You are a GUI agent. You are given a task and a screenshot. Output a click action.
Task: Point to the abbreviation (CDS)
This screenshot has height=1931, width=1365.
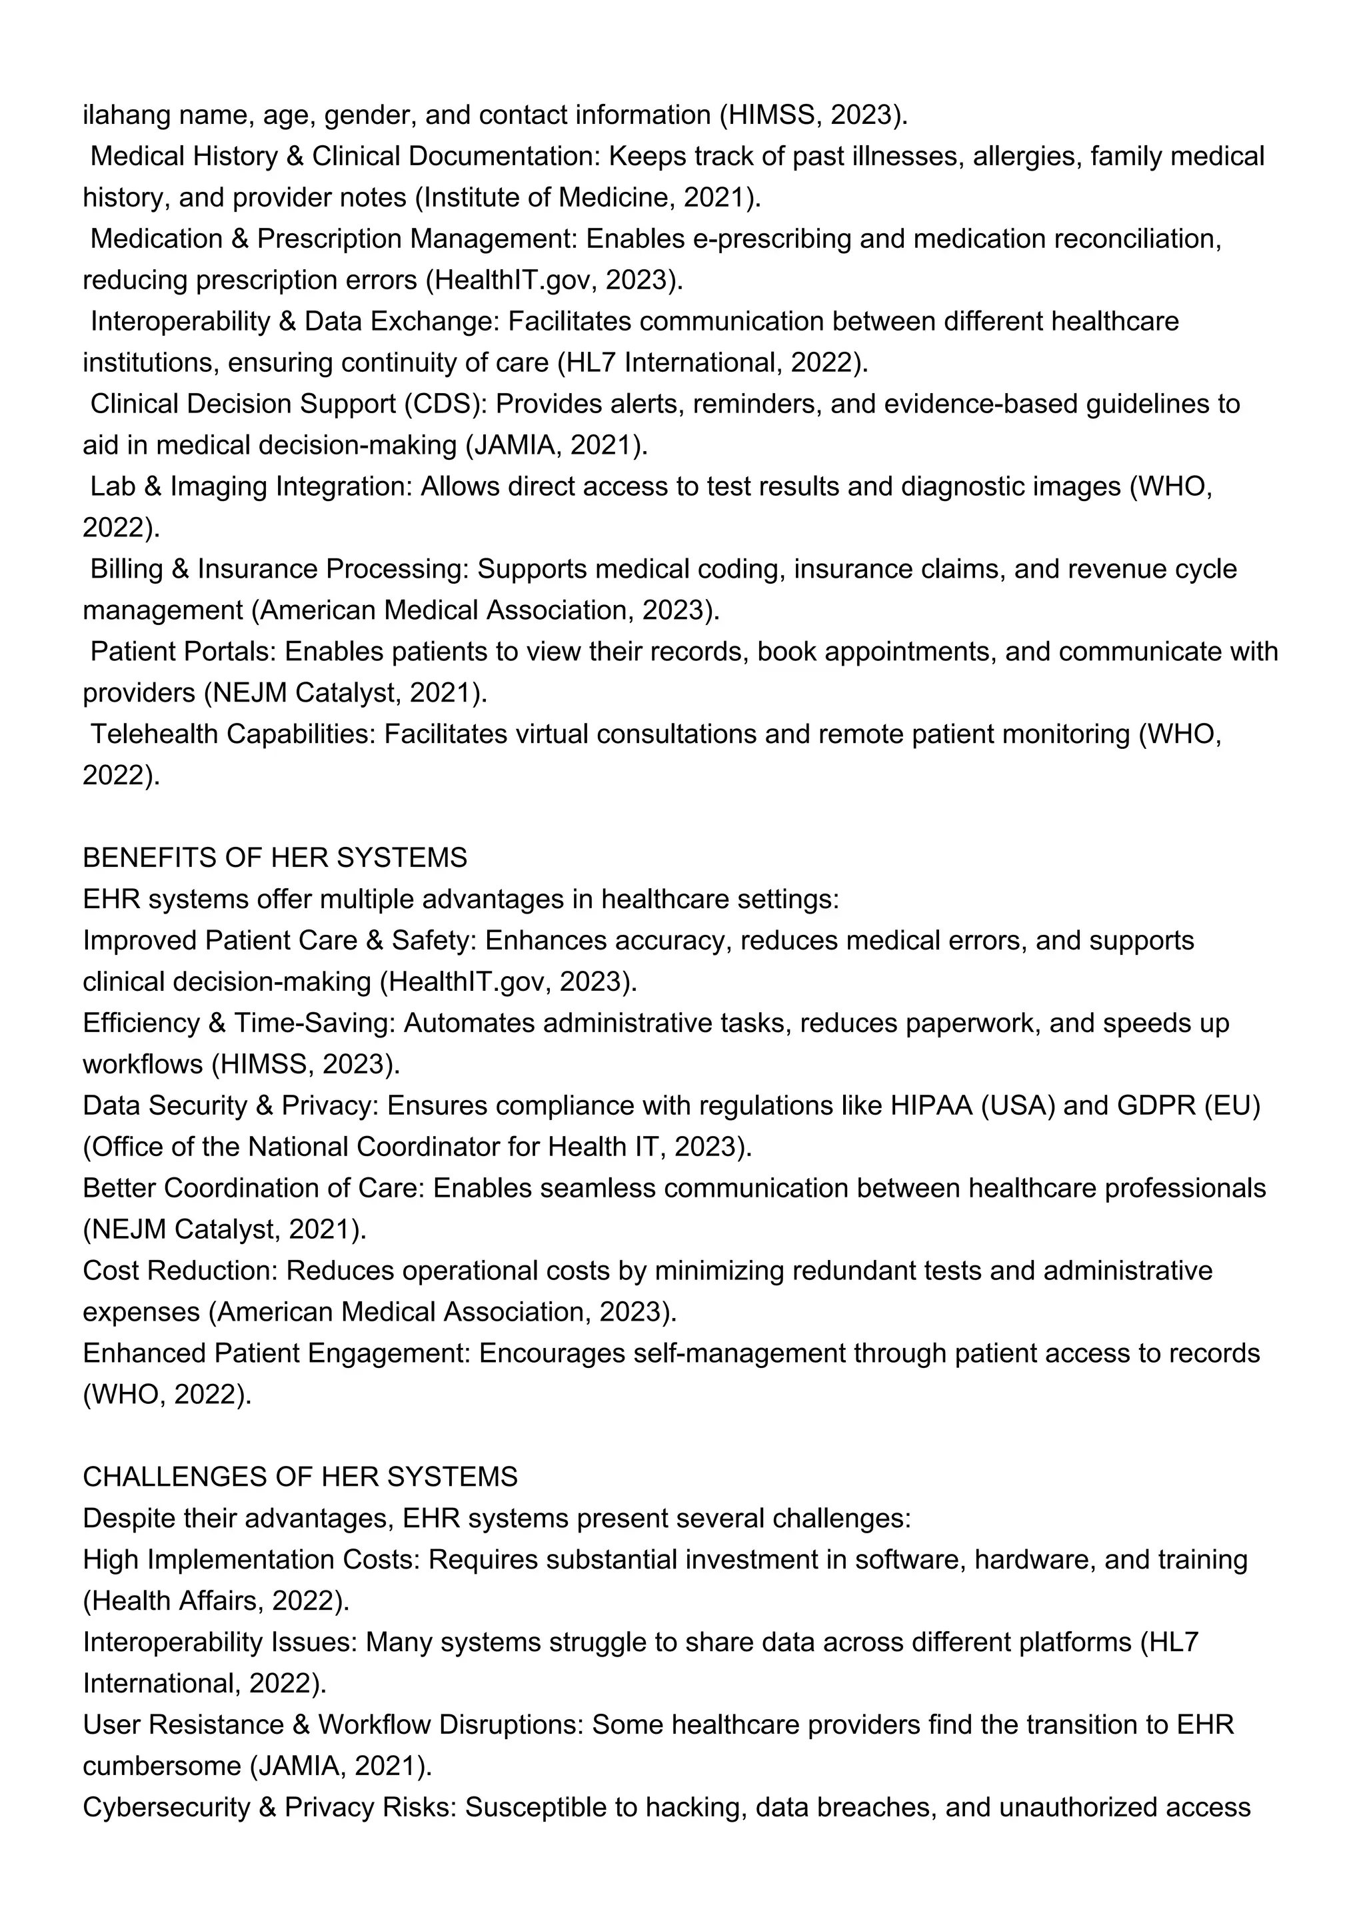pos(445,404)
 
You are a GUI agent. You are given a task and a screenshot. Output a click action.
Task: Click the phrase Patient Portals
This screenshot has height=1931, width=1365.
pos(183,652)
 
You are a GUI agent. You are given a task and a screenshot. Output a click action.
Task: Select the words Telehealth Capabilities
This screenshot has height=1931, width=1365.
pos(232,734)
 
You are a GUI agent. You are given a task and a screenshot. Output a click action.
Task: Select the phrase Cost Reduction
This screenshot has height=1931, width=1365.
pos(179,1271)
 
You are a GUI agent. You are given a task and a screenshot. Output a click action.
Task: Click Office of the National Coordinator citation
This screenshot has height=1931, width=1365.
pos(417,1147)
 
